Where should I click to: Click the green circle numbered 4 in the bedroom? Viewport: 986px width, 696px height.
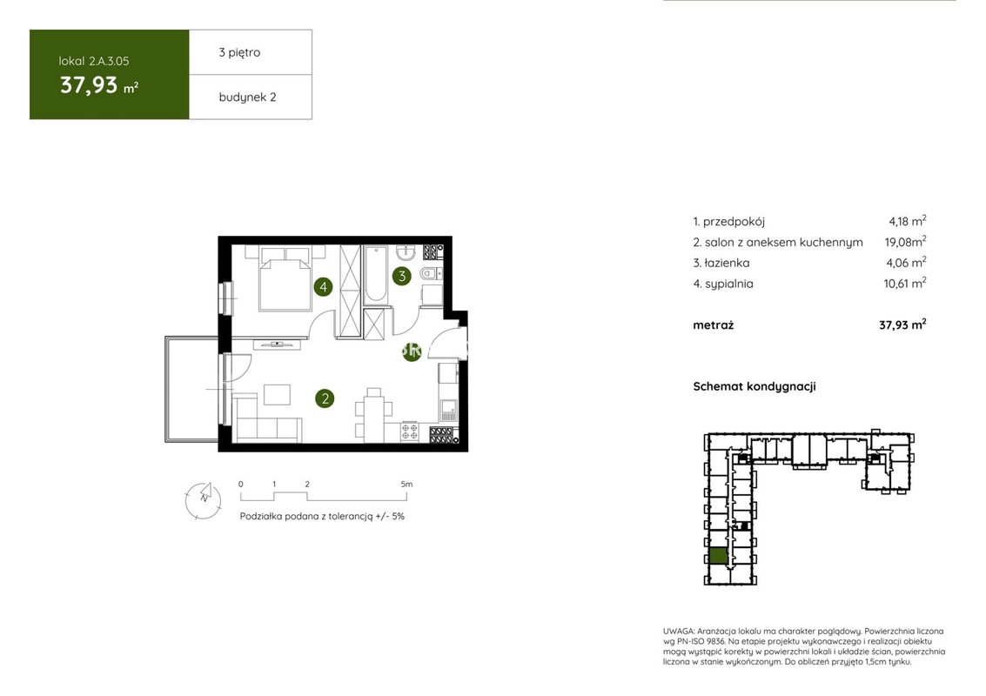pyautogui.click(x=323, y=287)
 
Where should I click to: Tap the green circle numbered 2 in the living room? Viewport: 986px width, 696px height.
pyautogui.click(x=325, y=398)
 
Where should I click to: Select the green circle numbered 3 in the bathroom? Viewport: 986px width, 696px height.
pyautogui.click(x=402, y=276)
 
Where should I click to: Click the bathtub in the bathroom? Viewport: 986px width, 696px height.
pyautogui.click(x=378, y=275)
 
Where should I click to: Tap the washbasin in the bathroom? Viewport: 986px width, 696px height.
pyautogui.click(x=406, y=252)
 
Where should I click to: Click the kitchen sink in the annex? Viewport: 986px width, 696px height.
pyautogui.click(x=448, y=411)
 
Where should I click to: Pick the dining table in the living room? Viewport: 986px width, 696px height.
pyautogui.click(x=373, y=416)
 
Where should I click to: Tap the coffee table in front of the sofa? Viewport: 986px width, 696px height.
pyautogui.click(x=277, y=395)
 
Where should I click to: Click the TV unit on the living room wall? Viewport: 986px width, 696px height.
pyautogui.click(x=277, y=344)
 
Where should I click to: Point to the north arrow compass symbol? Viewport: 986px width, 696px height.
pyautogui.click(x=203, y=500)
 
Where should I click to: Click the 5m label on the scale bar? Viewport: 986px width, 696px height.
pyautogui.click(x=406, y=484)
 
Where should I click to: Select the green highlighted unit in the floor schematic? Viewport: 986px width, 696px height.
pyautogui.click(x=718, y=556)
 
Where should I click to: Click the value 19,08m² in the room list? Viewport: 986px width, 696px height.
pyautogui.click(x=905, y=242)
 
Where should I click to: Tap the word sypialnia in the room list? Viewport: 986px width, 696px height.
pyautogui.click(x=728, y=284)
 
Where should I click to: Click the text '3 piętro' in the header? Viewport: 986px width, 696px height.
pyautogui.click(x=239, y=52)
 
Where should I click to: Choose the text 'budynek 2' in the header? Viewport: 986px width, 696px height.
pyautogui.click(x=247, y=97)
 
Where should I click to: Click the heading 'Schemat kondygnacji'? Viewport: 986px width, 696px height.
pyautogui.click(x=754, y=386)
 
